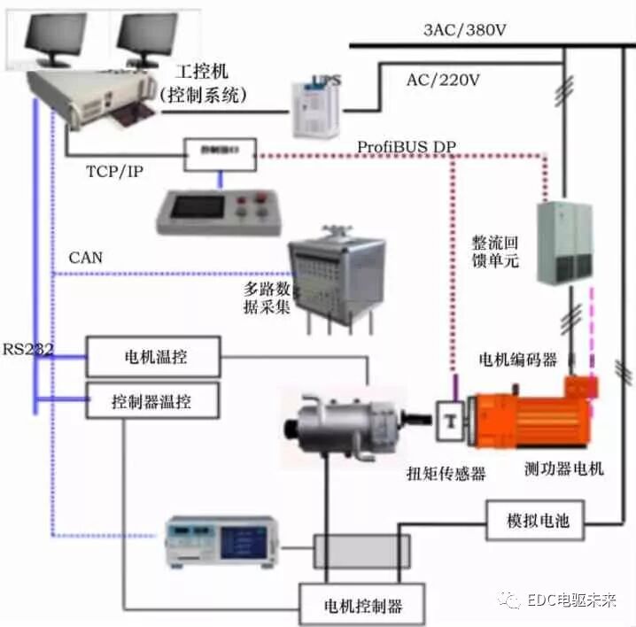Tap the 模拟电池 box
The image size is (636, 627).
[534, 521]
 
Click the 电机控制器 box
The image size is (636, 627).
[363, 606]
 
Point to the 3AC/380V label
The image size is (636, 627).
[466, 30]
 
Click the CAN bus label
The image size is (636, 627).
[85, 259]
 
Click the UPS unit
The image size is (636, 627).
[316, 105]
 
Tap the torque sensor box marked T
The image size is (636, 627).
[452, 420]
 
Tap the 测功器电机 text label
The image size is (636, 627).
[563, 469]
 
